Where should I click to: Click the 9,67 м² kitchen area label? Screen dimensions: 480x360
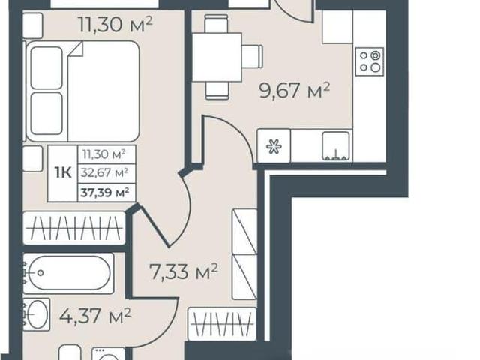pos(294,90)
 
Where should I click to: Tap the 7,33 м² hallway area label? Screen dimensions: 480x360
pos(183,271)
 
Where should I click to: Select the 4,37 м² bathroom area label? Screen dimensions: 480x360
pos(95,316)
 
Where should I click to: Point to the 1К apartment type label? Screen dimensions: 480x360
pos(63,173)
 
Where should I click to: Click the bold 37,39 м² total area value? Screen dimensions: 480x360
pos(105,193)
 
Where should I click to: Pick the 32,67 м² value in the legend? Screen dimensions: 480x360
pos(104,173)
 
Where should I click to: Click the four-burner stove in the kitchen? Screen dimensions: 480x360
pos(369,61)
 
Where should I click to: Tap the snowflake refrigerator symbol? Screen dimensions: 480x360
pos(273,146)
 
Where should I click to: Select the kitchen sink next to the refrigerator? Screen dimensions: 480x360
pos(335,146)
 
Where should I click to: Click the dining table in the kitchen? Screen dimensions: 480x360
pos(217,57)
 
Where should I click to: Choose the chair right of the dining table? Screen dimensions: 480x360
pos(253,56)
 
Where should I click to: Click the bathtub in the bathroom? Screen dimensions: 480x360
pos(68,273)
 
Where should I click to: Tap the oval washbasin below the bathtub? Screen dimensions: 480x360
pos(37,314)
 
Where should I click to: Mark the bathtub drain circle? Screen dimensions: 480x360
pos(40,273)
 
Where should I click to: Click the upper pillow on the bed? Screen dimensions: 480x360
pos(46,68)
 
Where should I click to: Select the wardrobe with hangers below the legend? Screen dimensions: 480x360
pos(74,228)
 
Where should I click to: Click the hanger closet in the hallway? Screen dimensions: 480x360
pos(222,324)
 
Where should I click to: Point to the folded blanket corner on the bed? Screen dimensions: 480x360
pos(76,49)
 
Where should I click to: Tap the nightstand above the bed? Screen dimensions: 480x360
pos(33,26)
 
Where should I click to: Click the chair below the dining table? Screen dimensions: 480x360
pos(217,91)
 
